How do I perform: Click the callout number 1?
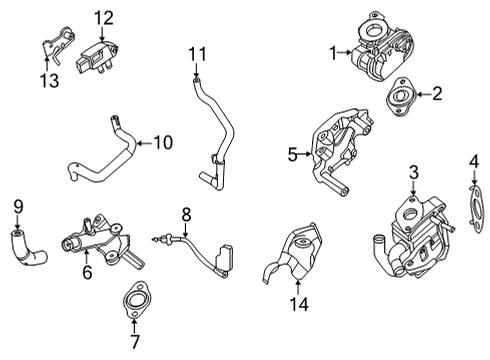coord(333,52)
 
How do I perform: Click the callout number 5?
coord(292,155)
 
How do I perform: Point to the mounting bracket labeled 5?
coord(338,150)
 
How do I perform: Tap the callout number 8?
coord(186,212)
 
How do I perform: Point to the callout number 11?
coord(198,52)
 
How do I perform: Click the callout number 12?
coord(104,17)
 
